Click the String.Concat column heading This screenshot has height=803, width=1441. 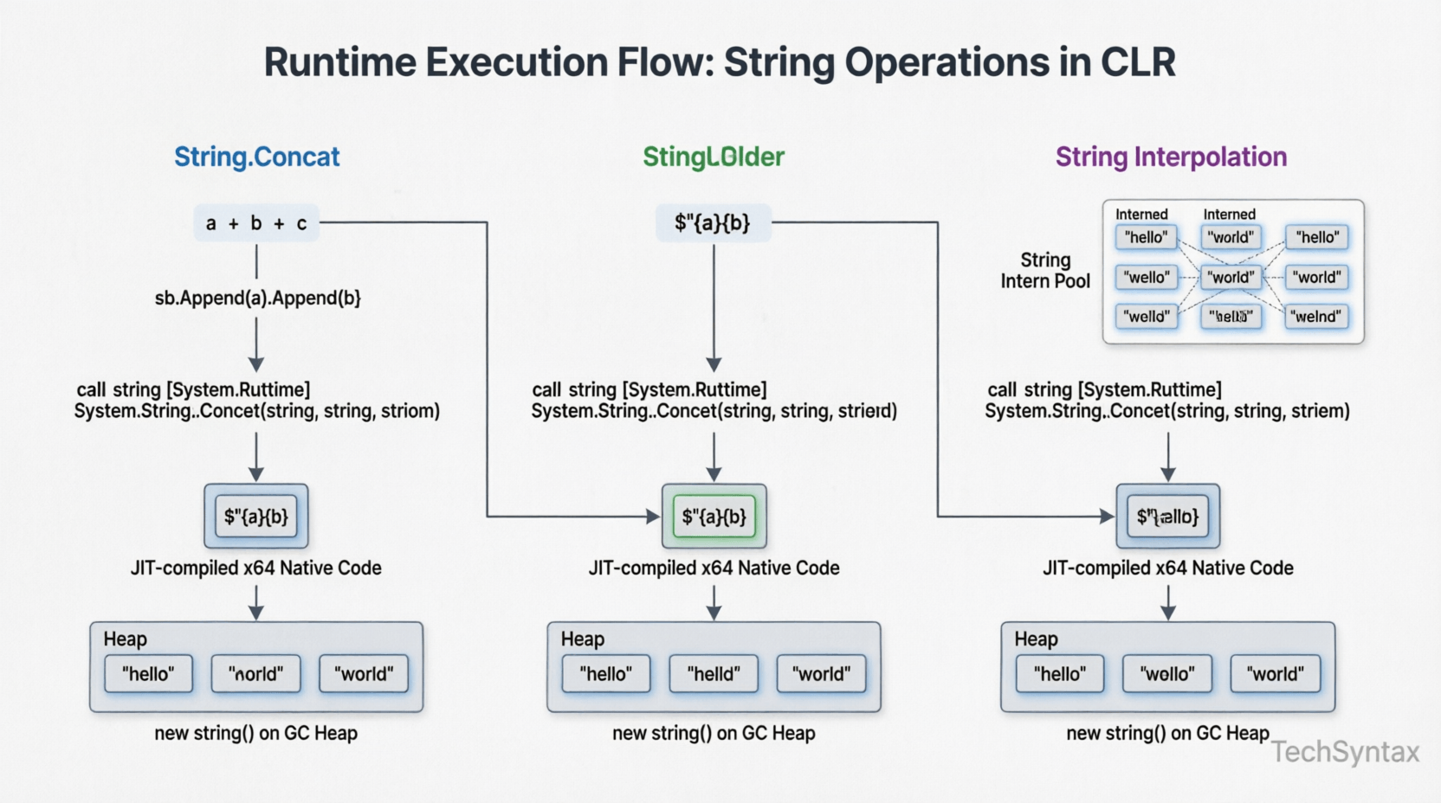pos(256,157)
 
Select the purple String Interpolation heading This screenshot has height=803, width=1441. pos(1170,157)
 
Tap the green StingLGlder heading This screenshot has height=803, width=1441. pos(713,157)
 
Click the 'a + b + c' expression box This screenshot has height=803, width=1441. pos(256,223)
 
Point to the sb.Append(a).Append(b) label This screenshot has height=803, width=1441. pos(257,298)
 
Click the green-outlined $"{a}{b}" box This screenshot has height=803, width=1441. pos(714,517)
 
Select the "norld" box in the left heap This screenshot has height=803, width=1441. pos(255,674)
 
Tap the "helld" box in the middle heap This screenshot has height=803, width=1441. pos(714,674)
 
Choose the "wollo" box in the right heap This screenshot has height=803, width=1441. pos(1167,674)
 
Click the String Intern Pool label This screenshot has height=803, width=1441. pos(1045,271)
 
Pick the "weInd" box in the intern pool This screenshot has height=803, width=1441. pos(1316,317)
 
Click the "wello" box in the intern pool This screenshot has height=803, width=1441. pos(1147,278)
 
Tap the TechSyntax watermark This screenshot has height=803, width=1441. pos(1345,752)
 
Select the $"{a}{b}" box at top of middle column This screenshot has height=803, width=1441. pos(713,223)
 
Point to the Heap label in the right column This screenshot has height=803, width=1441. pos(1036,639)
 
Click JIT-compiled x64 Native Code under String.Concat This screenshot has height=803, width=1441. pos(255,569)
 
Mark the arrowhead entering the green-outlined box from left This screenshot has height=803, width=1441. pos(654,517)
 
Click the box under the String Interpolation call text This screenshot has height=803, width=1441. pos(1167,517)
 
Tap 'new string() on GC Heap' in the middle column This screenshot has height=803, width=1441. pos(714,734)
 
